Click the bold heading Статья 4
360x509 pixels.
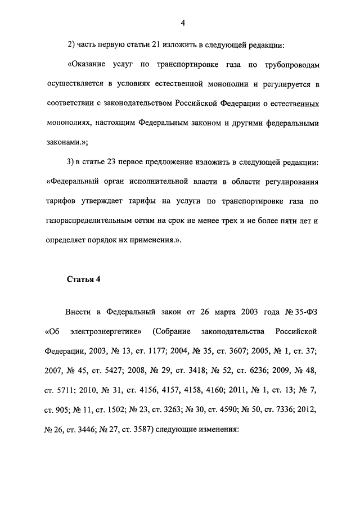(84, 278)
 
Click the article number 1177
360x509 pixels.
(153, 350)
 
